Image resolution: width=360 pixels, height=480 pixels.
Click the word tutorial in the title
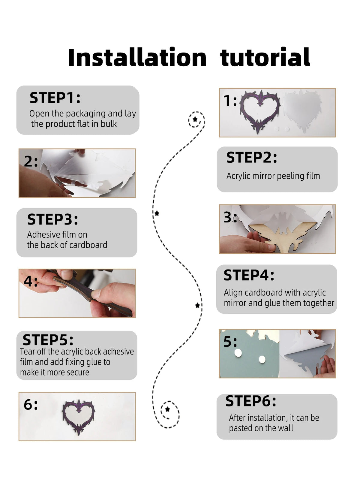265,57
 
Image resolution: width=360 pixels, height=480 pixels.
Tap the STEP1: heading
55,98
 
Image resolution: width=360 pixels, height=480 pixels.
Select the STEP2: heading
252,158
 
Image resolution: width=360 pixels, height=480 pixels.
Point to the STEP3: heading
52,219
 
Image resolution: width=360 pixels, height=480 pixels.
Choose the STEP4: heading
249,275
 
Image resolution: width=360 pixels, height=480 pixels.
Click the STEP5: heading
48,340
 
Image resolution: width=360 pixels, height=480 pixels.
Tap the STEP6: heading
251,401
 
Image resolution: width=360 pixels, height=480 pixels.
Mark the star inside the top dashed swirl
195,119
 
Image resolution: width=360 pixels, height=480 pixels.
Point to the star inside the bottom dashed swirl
167,409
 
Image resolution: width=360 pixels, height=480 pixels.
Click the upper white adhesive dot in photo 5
238,352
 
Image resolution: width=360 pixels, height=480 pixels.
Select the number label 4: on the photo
31,282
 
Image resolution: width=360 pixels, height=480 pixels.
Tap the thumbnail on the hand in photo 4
66,274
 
